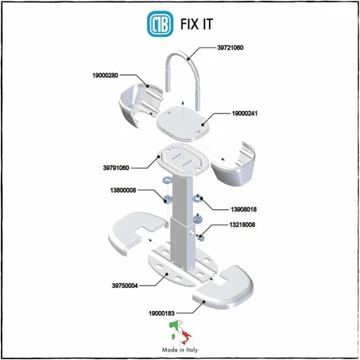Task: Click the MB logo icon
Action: point(160,24)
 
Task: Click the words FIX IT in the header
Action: point(197,25)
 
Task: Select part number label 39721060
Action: point(230,47)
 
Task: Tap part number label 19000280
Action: point(105,75)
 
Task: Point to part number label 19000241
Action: point(244,113)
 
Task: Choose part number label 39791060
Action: point(116,168)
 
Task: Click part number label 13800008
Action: point(123,190)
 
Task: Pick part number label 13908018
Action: point(244,210)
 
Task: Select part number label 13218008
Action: point(242,225)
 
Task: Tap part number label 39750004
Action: point(125,286)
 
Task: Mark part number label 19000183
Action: point(162,313)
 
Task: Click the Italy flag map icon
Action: point(180,332)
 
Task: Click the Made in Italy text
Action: point(180,350)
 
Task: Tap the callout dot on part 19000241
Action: point(203,125)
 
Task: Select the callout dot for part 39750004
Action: point(166,274)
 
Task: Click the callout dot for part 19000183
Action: point(204,302)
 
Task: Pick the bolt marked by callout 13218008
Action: point(201,237)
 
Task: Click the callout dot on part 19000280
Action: point(147,86)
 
